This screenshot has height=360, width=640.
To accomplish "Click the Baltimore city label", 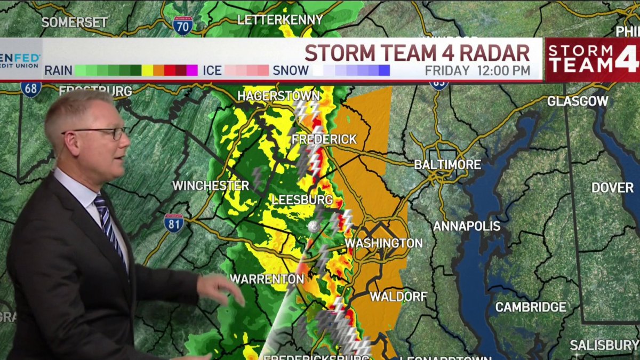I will coord(447,165).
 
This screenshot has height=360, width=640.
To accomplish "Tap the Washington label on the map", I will coord(383,243).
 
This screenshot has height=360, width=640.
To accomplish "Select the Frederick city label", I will coord(324,139).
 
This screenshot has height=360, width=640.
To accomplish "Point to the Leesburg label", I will coord(302,201).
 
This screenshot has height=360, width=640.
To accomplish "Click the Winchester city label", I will coord(211,186).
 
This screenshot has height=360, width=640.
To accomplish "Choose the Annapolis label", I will coord(467,226).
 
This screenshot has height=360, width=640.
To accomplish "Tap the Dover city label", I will coord(612,188).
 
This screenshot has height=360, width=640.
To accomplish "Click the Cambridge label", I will coord(531,307).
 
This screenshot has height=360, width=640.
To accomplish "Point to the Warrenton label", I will coord(267,279).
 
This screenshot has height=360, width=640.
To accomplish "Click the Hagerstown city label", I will coord(278,96).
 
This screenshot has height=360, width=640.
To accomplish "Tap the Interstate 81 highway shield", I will coord(174,222).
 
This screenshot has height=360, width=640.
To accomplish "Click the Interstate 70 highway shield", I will coord(183,25).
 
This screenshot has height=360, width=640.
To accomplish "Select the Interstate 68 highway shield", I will coord(31,89).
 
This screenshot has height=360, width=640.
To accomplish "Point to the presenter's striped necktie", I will coord(110,224).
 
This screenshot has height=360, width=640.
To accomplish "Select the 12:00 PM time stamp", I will coord(503,70).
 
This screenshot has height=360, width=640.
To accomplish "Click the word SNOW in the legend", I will coord(291,70).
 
